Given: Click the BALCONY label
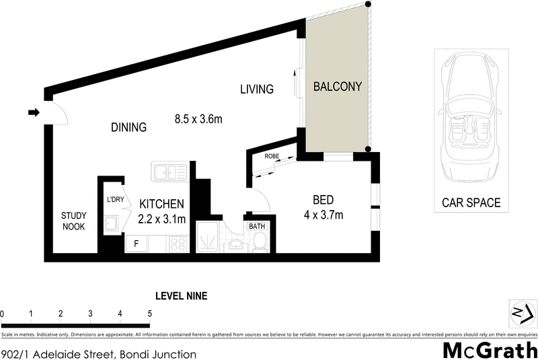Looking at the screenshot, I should [x=337, y=87].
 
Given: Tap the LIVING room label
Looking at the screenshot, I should [x=257, y=89].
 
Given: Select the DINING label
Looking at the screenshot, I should [x=128, y=127].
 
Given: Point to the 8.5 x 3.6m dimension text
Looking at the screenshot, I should [x=198, y=119].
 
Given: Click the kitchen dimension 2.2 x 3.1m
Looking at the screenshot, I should [x=161, y=218].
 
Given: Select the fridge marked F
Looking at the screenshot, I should [x=136, y=244].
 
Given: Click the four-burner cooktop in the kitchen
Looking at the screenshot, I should [x=178, y=244].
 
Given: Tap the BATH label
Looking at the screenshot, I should [x=257, y=227].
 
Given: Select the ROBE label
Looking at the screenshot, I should [x=272, y=156].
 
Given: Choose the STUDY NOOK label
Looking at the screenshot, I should [x=73, y=221].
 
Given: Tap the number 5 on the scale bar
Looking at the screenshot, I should [x=149, y=314].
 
